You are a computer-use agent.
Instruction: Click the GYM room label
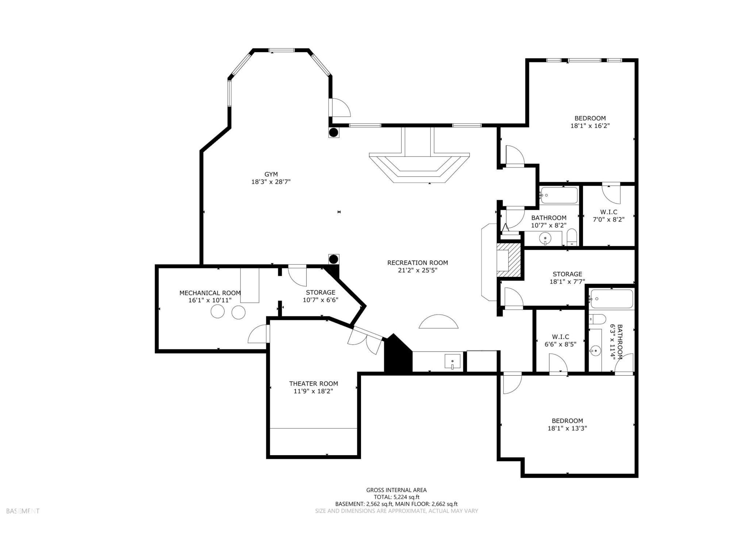[x=271, y=174]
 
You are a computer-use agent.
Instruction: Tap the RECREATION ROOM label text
[x=417, y=263]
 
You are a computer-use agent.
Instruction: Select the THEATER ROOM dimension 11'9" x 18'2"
[x=313, y=391]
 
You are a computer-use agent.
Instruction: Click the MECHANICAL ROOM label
[x=210, y=293]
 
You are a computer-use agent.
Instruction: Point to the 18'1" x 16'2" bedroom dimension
[x=590, y=126]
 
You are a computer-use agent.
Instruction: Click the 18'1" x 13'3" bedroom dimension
[x=567, y=428]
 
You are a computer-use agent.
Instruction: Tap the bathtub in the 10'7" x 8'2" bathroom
[x=559, y=195]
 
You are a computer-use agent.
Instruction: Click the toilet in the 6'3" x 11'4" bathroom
[x=597, y=319]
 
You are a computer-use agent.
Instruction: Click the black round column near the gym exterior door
[x=334, y=132]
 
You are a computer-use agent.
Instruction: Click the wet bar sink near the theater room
[x=452, y=361]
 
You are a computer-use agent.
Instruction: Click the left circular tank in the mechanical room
[x=218, y=312]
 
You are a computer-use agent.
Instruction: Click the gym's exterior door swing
[x=341, y=108]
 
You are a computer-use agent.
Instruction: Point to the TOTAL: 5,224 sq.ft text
[x=396, y=497]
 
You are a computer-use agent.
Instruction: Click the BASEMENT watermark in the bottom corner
[x=23, y=511]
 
